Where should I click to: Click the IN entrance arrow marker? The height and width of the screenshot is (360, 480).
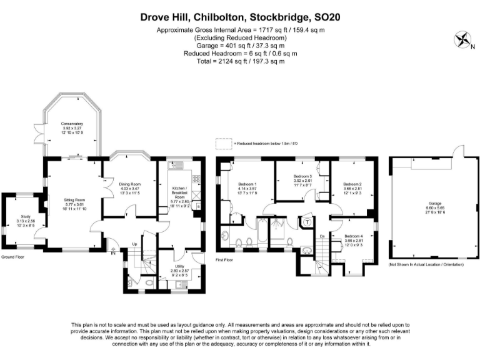(x=113, y=253)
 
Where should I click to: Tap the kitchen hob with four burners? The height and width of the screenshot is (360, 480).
(x=196, y=178)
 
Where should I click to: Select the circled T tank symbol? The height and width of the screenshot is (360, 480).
(x=307, y=220)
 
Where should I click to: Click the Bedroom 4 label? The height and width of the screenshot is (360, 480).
(x=353, y=237)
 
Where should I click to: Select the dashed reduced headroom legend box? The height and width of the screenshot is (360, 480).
(x=222, y=143)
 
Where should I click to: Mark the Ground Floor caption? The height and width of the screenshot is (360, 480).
(x=12, y=257)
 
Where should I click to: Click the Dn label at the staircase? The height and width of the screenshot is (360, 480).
(x=322, y=236)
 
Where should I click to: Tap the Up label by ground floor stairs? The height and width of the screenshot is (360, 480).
(x=133, y=244)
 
